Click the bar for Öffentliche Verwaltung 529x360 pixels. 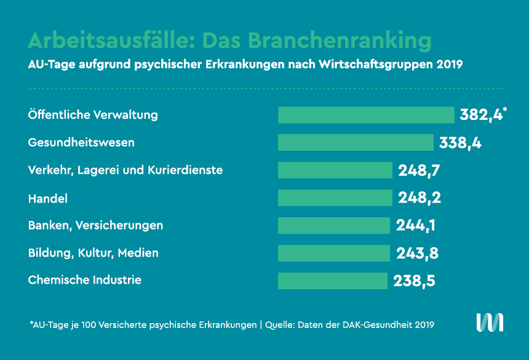pyautogui.click(x=366, y=115)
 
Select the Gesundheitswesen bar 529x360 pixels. pyautogui.click(x=356, y=143)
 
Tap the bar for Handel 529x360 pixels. pyautogui.click(x=335, y=198)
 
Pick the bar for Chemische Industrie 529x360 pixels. pyautogui.click(x=333, y=281)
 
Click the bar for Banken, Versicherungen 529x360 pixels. pyautogui.click(x=334, y=225)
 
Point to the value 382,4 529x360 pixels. pyautogui.click(x=480, y=115)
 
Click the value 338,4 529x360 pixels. pyautogui.click(x=460, y=143)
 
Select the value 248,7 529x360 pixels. pyautogui.click(x=420, y=170)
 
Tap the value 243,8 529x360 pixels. pyautogui.click(x=416, y=253)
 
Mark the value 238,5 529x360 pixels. pyautogui.click(x=415, y=281)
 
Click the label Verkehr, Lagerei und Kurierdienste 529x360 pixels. pyautogui.click(x=125, y=170)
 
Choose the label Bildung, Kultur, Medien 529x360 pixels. pyautogui.click(x=93, y=253)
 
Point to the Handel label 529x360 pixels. pyautogui.click(x=48, y=198)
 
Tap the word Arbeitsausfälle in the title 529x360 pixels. pyautogui.click(x=105, y=40)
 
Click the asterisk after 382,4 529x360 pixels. pyautogui.click(x=505, y=110)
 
